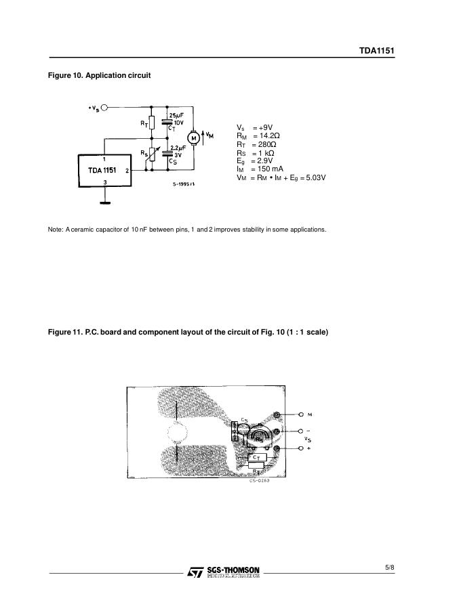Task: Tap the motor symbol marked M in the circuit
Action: pos(193,138)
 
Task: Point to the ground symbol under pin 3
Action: pos(104,201)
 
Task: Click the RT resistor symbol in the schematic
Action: pos(151,123)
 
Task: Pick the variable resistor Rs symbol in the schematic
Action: pos(151,156)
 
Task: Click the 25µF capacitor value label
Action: pos(176,115)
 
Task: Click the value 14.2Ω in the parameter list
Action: pos(265,136)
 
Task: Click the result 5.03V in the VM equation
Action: pos(314,178)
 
